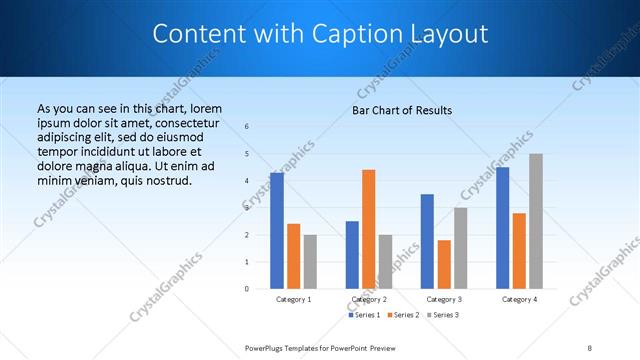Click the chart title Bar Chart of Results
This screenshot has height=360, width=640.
[x=402, y=110]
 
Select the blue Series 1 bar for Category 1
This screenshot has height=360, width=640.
[x=276, y=231]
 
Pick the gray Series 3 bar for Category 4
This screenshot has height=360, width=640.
[x=536, y=221]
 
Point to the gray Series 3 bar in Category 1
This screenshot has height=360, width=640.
[x=310, y=262]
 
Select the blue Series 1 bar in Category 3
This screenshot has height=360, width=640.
[x=427, y=241]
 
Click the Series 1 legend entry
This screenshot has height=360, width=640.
[x=365, y=315]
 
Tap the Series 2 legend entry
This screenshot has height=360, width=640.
[x=403, y=315]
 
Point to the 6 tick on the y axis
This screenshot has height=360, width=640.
[x=247, y=127]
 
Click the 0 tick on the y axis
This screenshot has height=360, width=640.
[x=247, y=289]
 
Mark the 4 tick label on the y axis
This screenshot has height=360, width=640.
[x=247, y=181]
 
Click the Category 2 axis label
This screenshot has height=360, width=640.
[x=369, y=299]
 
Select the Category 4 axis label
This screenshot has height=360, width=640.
[x=519, y=299]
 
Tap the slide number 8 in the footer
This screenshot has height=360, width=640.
[x=590, y=347]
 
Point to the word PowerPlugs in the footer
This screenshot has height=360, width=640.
[x=267, y=347]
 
